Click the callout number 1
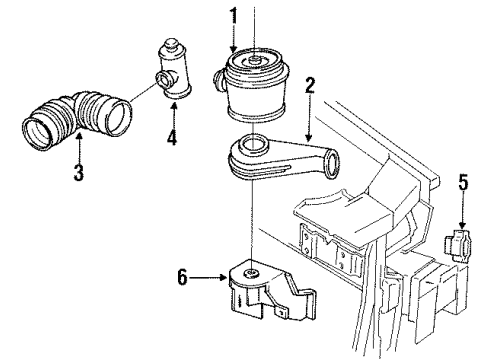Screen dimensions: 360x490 click(233, 17)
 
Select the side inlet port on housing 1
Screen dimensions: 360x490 click(220, 80)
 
